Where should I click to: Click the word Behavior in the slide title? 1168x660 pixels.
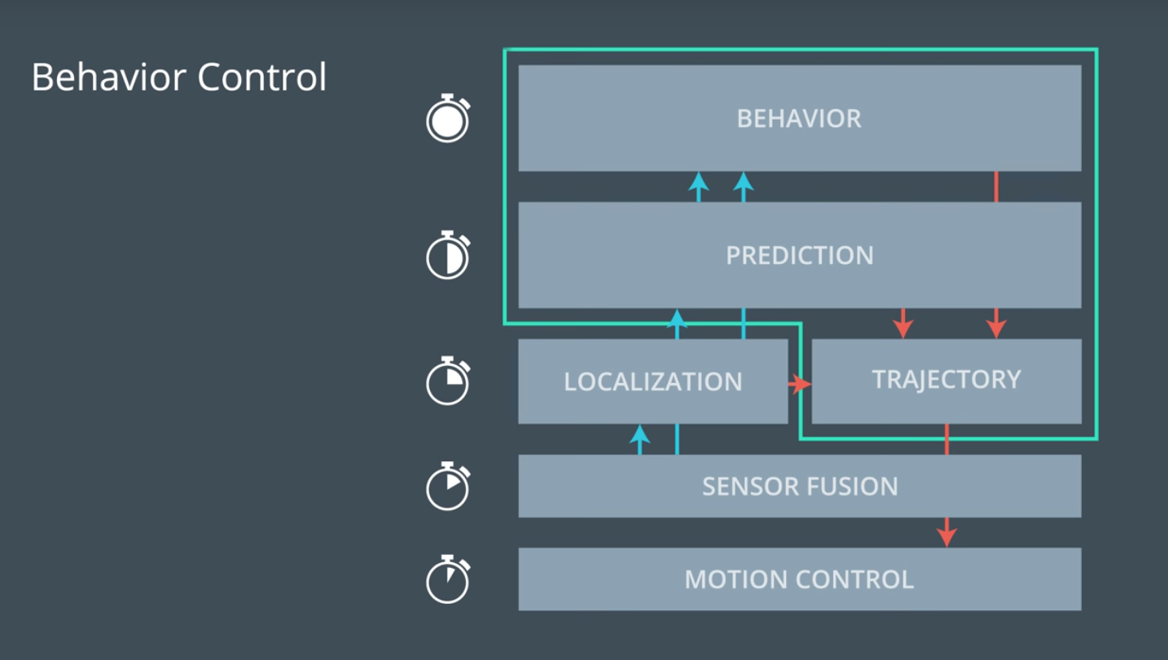(108, 77)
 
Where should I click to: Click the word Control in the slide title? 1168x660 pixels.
(261, 77)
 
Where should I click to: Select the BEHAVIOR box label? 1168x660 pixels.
(799, 119)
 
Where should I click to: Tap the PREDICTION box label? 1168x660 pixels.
(799, 255)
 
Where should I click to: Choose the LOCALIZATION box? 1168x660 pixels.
(652, 381)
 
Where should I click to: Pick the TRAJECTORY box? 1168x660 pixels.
(946, 380)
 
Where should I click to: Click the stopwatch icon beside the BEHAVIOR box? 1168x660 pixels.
(448, 119)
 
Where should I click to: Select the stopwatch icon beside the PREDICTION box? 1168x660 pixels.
(448, 255)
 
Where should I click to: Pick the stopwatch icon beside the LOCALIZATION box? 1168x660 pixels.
(448, 381)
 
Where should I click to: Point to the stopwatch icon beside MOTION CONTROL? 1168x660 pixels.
(448, 579)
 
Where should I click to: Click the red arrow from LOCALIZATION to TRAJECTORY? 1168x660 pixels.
(800, 384)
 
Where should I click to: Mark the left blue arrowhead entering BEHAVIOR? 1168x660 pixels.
(698, 182)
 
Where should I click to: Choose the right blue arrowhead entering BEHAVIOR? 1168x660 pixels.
(743, 182)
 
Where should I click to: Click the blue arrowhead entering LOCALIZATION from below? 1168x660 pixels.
(640, 434)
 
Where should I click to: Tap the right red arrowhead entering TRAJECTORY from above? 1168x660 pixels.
(995, 328)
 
